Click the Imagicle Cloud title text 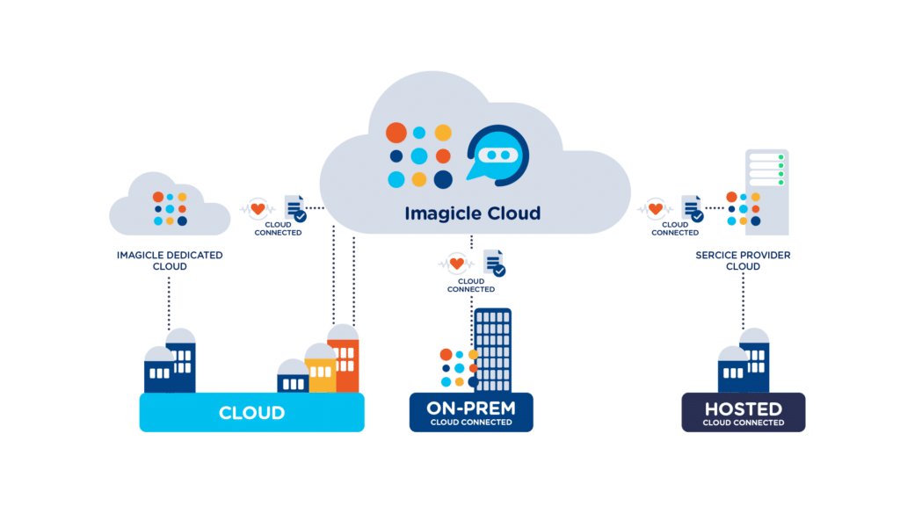click(472, 213)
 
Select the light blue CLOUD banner click(251, 412)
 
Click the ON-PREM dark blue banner click(471, 413)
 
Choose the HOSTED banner click(743, 413)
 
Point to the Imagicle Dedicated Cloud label click(170, 260)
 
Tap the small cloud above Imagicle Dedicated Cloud click(170, 207)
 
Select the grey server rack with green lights click(766, 192)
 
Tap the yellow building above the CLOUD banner click(321, 369)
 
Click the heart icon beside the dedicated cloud click(258, 210)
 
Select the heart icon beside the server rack click(655, 210)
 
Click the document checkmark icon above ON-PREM click(494, 263)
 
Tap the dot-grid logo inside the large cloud click(419, 155)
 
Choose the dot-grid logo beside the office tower click(458, 368)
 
